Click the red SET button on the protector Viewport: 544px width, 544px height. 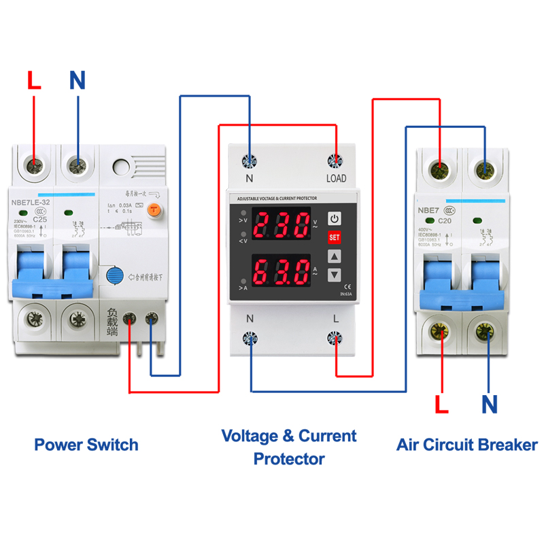334,237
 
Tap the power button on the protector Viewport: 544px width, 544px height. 334,219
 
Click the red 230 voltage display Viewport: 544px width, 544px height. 282,224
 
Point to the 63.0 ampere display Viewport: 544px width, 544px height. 282,271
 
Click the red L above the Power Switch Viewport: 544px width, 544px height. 34,81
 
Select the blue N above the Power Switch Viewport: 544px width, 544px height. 78,81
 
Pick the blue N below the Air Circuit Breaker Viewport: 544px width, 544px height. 490,405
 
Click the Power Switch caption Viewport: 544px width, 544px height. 86,445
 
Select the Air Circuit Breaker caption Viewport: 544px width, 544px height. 466,445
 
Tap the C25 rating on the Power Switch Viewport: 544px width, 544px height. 40,220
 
